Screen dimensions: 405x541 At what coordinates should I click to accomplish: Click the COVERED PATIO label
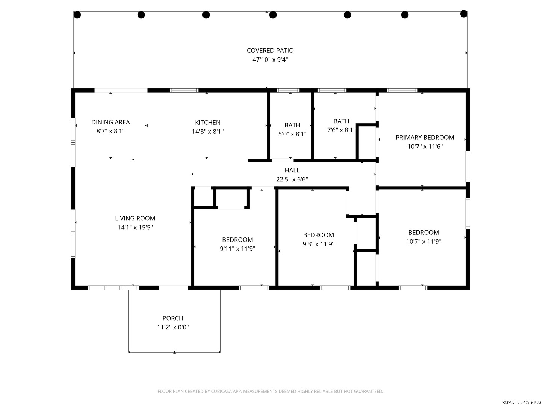pyautogui.click(x=270, y=51)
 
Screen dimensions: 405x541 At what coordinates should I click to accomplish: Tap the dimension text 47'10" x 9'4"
pyautogui.click(x=270, y=60)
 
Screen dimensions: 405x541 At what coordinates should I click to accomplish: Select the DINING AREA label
pyautogui.click(x=110, y=122)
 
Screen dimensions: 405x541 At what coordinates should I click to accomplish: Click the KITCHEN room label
pyautogui.click(x=208, y=123)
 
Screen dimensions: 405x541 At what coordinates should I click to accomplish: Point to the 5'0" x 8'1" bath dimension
pyautogui.click(x=292, y=134)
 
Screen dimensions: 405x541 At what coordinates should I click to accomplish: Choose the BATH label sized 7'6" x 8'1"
pyautogui.click(x=341, y=121)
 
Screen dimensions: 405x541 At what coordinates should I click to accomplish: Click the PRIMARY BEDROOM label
pyautogui.click(x=425, y=138)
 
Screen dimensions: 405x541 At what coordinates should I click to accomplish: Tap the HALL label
pyautogui.click(x=292, y=171)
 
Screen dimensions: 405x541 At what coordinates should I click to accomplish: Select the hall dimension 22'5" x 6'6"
pyautogui.click(x=292, y=180)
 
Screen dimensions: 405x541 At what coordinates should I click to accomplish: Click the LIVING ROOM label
pyautogui.click(x=135, y=219)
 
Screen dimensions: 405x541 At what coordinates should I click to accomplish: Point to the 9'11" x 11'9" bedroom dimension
pyautogui.click(x=237, y=249)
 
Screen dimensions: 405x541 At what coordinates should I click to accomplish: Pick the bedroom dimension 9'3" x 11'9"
pyautogui.click(x=319, y=244)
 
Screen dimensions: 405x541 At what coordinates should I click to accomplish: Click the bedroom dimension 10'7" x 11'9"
pyautogui.click(x=423, y=241)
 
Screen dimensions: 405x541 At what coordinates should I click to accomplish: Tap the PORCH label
pyautogui.click(x=173, y=318)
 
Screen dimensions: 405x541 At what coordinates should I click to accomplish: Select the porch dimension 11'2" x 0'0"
pyautogui.click(x=173, y=327)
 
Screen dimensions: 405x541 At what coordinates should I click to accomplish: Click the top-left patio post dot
pyautogui.click(x=77, y=15)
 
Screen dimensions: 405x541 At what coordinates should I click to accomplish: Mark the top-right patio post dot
pyautogui.click(x=464, y=14)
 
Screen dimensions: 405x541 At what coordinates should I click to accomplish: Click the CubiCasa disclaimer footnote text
pyautogui.click(x=270, y=391)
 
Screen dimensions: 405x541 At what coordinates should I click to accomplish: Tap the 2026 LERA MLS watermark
pyautogui.click(x=520, y=402)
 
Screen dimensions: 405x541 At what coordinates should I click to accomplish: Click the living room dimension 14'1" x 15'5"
pyautogui.click(x=135, y=228)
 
